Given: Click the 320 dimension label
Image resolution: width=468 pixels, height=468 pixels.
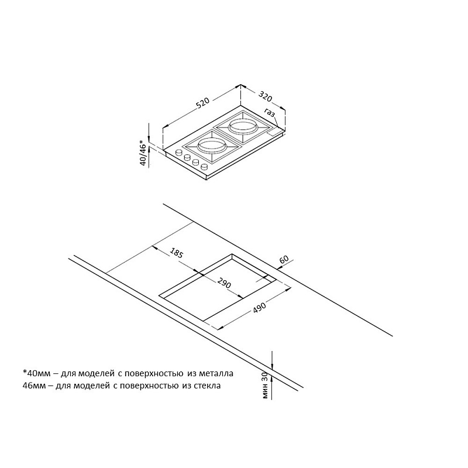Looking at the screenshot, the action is pyautogui.click(x=266, y=96).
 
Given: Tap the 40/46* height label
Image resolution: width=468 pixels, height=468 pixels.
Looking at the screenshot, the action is pyautogui.click(x=144, y=153).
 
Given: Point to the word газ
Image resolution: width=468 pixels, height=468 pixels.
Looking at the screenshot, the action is pyautogui.click(x=270, y=112).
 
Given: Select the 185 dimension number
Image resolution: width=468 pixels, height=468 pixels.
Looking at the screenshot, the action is pyautogui.click(x=176, y=253).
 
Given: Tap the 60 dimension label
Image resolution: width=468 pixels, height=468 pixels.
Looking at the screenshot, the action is pyautogui.click(x=284, y=259).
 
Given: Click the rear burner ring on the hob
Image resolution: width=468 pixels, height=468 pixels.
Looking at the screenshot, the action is pyautogui.click(x=243, y=126).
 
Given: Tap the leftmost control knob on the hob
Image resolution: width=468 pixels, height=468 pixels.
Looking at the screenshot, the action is pyautogui.click(x=179, y=152).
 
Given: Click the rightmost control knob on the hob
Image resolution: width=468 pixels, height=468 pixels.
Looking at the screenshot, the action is pyautogui.click(x=204, y=167).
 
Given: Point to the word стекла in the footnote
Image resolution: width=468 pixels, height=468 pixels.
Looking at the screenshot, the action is pyautogui.click(x=207, y=386).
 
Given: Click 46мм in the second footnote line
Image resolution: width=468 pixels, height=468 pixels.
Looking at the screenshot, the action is pyautogui.click(x=35, y=386).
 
